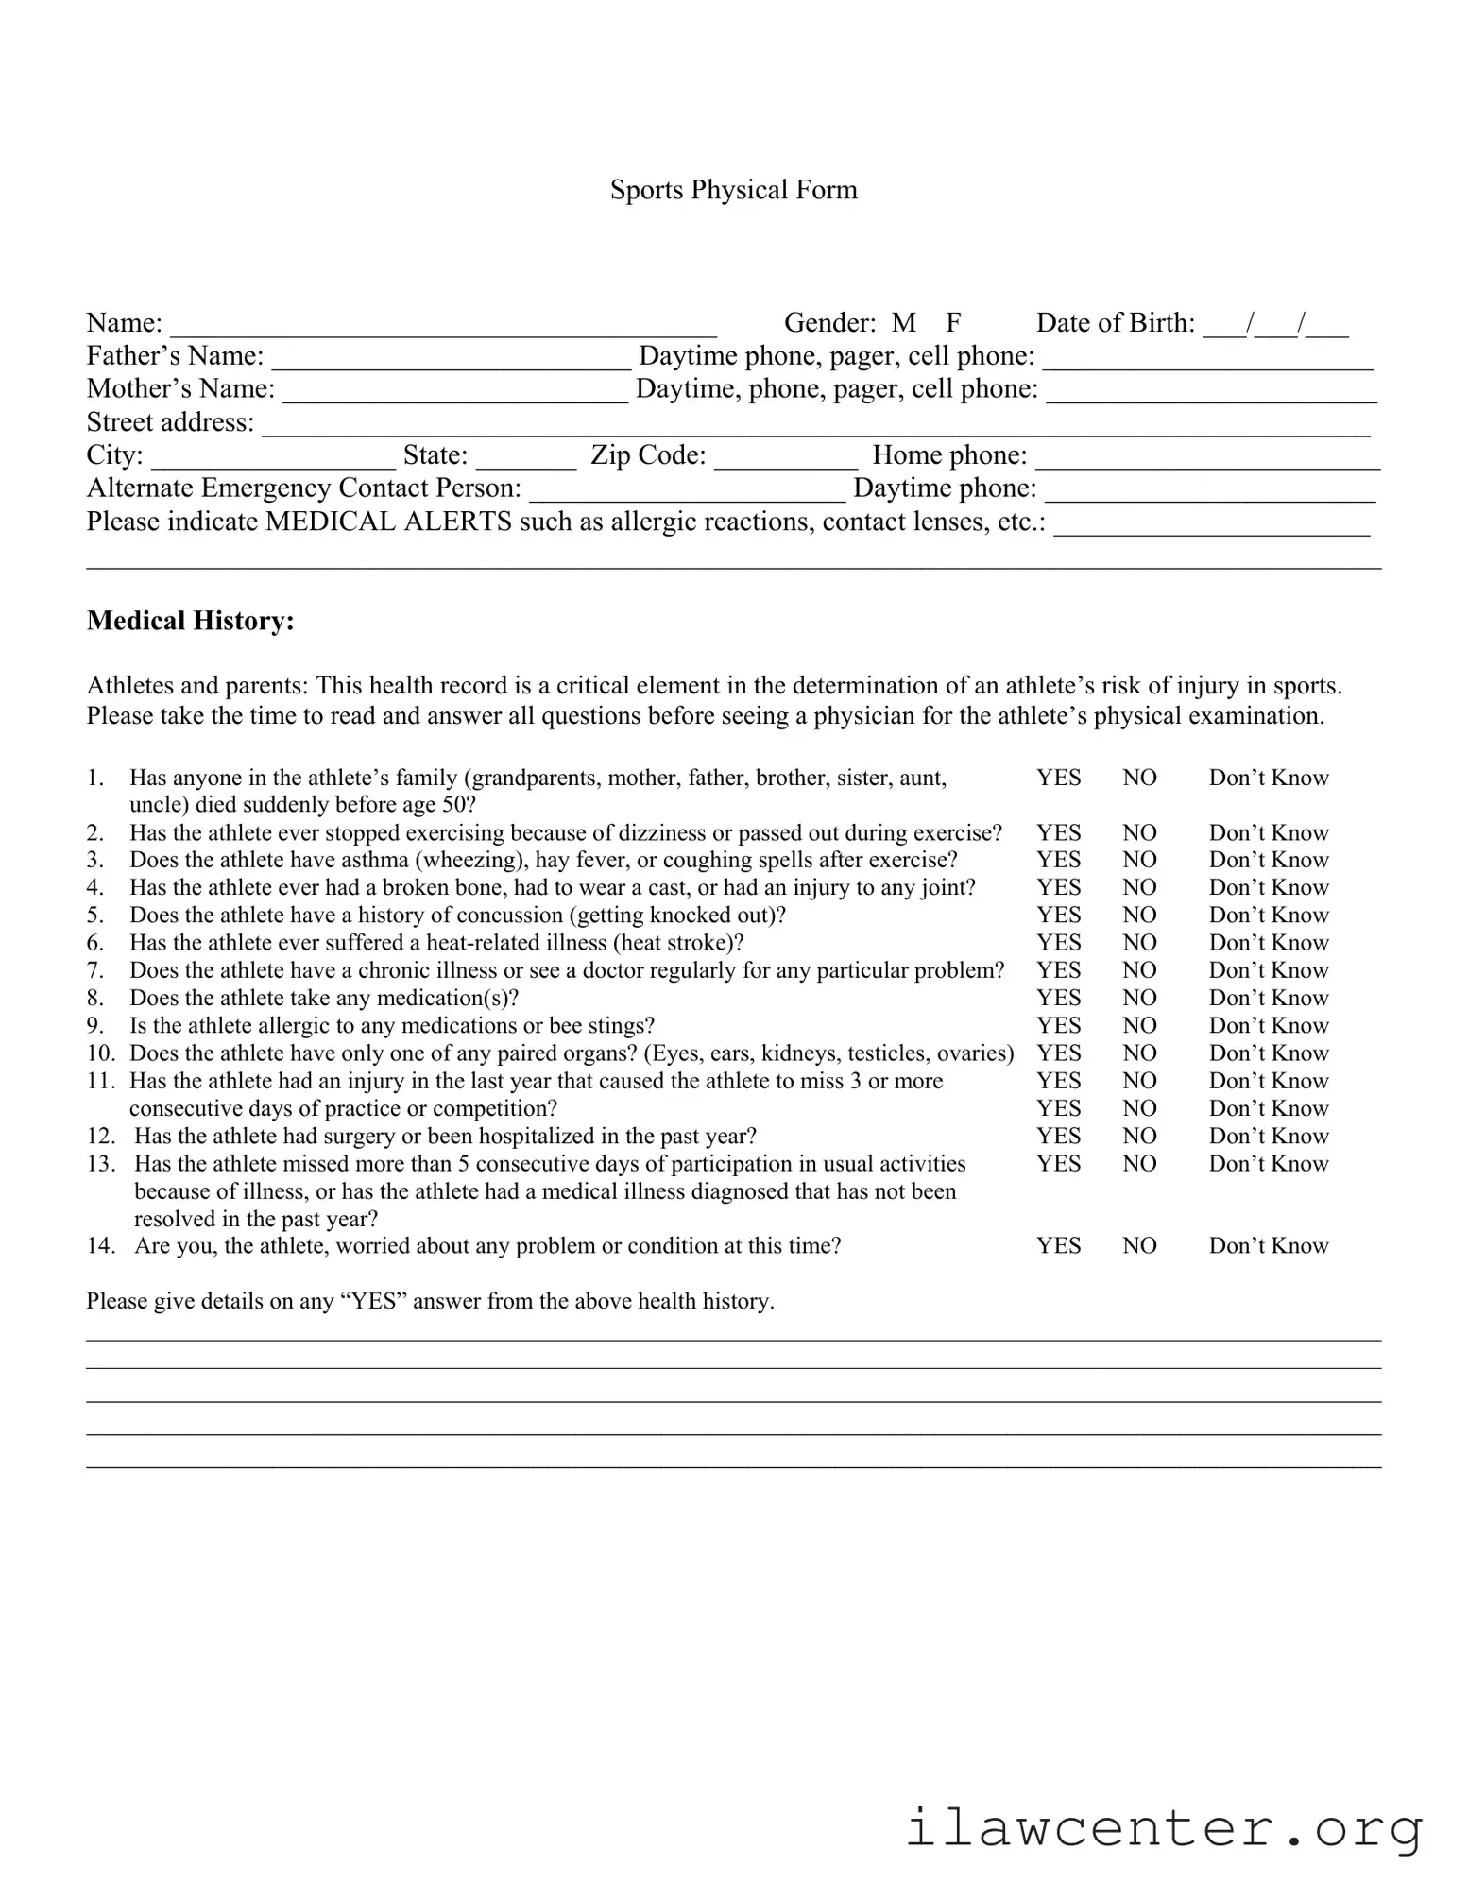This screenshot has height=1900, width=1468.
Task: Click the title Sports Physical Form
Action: tap(733, 190)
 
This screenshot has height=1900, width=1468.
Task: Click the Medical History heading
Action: tap(190, 621)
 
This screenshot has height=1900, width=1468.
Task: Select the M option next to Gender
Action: tap(903, 323)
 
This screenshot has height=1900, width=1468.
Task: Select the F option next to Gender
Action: tap(953, 323)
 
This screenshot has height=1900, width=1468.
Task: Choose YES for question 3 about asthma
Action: tap(1058, 860)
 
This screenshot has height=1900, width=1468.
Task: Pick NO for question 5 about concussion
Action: tap(1139, 915)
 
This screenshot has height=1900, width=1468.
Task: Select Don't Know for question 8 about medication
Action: tap(1268, 998)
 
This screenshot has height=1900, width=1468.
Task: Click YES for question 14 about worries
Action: tap(1058, 1245)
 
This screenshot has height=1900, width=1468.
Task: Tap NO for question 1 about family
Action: tap(1139, 778)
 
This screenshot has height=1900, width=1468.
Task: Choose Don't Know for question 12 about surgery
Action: tap(1268, 1136)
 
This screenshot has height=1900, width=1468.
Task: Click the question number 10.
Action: tap(99, 1053)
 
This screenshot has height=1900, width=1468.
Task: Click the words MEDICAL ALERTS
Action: tap(388, 522)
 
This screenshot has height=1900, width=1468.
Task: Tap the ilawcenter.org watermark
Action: tap(1164, 1828)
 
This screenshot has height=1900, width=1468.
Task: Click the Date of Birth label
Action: tap(1115, 323)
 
